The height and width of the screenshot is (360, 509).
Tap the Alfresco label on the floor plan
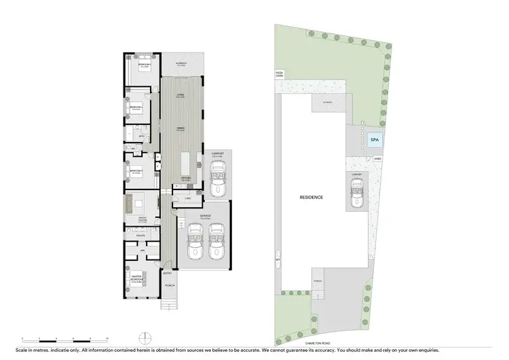coord(181,62)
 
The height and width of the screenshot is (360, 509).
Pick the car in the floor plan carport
coord(218,181)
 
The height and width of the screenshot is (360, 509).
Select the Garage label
coord(206,216)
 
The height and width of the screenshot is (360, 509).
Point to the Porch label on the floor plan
coord(169,286)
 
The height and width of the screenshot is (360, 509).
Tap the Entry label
coord(167,274)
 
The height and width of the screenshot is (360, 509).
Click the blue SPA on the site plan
coord(374,141)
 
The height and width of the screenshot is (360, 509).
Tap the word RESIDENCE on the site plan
coord(312,197)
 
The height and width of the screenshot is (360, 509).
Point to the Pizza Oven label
coord(278,73)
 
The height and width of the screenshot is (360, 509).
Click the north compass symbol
coord(143,338)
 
